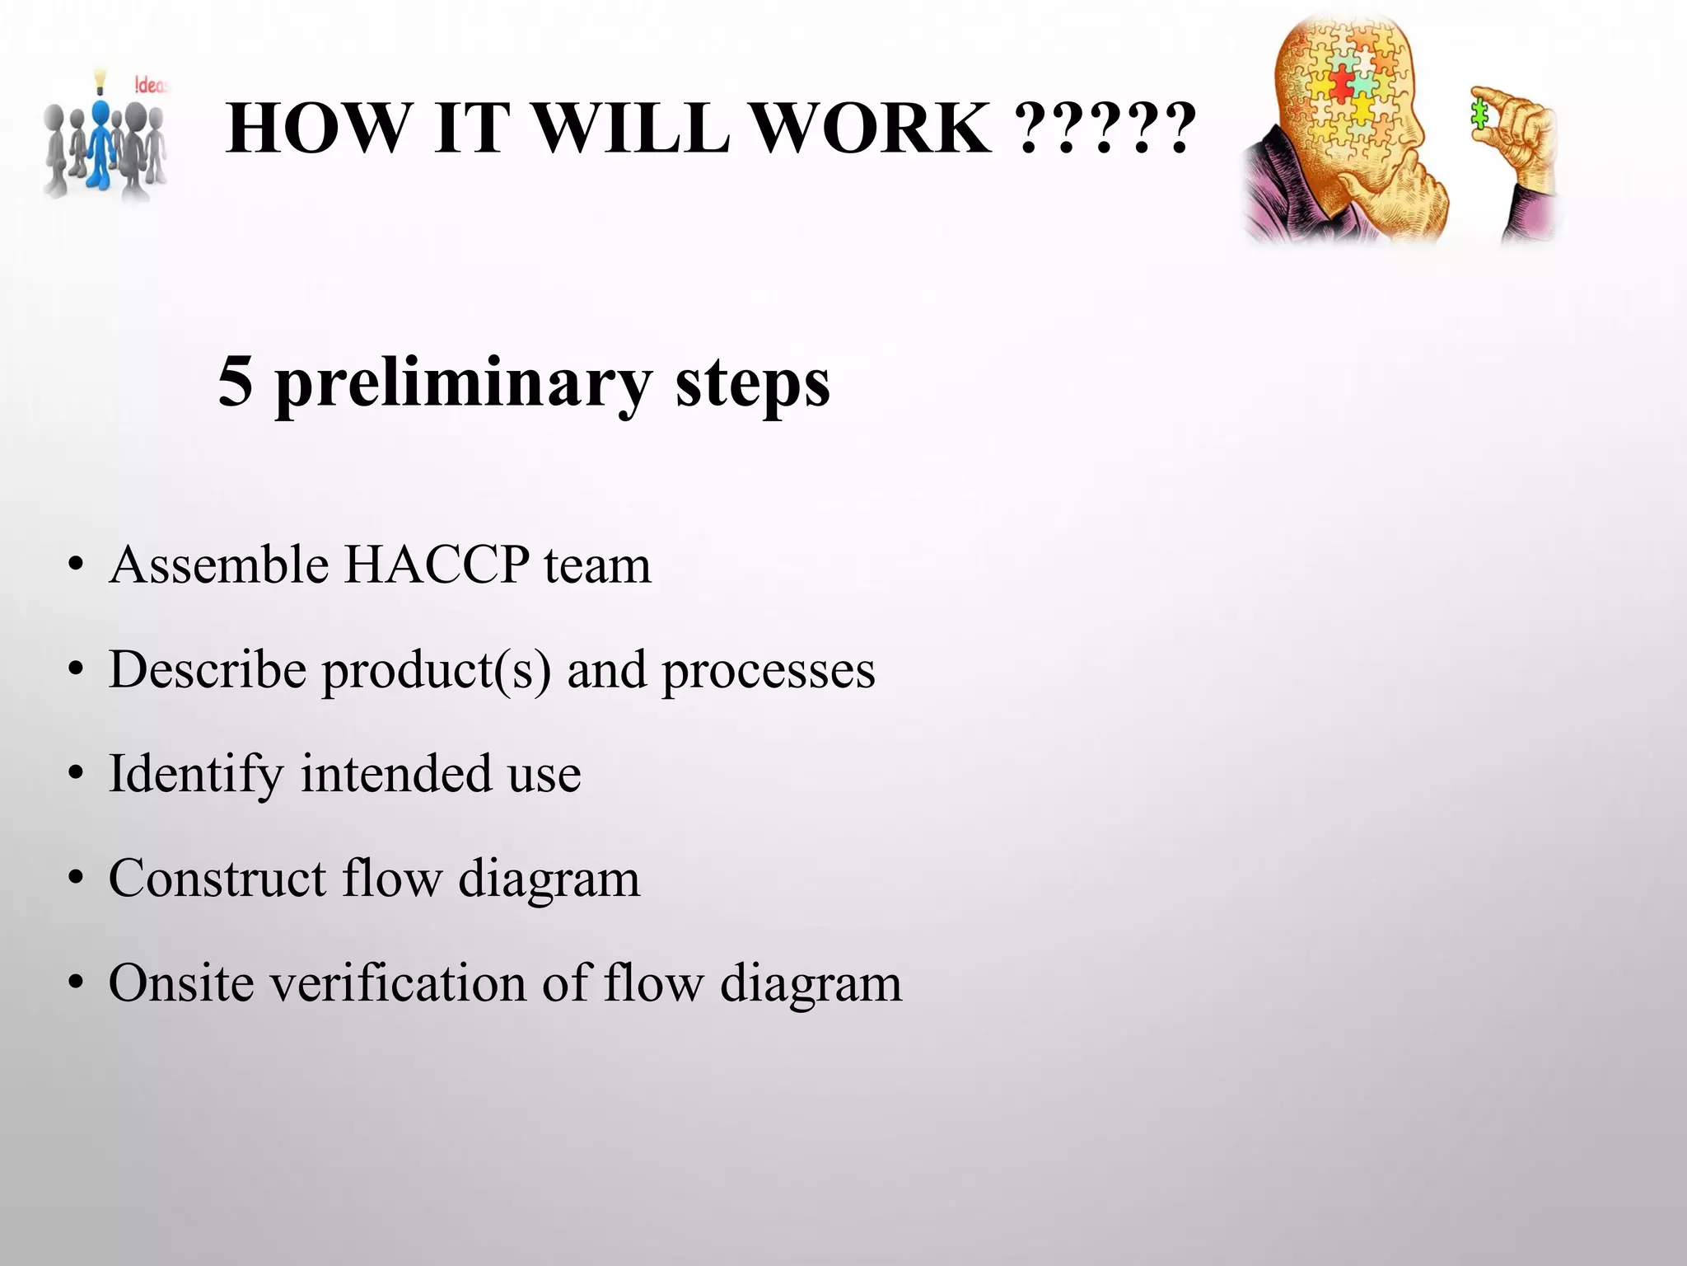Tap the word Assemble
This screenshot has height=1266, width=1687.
pyautogui.click(x=219, y=565)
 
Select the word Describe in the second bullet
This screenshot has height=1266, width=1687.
pyautogui.click(x=208, y=669)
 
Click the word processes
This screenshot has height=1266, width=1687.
pyautogui.click(x=769, y=671)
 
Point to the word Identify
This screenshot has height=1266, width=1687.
pyautogui.click(x=196, y=775)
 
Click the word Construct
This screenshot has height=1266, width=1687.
pyautogui.click(x=217, y=878)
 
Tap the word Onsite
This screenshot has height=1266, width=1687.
pyautogui.click(x=181, y=982)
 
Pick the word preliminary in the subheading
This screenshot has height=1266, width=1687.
pyautogui.click(x=463, y=384)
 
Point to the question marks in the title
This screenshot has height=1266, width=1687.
pyautogui.click(x=1105, y=130)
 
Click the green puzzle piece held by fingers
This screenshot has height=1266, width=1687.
pyautogui.click(x=1480, y=115)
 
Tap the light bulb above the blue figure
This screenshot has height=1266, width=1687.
pyautogui.click(x=100, y=78)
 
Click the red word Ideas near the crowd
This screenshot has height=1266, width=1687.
pyautogui.click(x=150, y=85)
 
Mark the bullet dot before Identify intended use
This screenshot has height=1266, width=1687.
pyautogui.click(x=77, y=775)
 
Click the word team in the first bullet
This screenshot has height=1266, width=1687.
pyautogui.click(x=597, y=566)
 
